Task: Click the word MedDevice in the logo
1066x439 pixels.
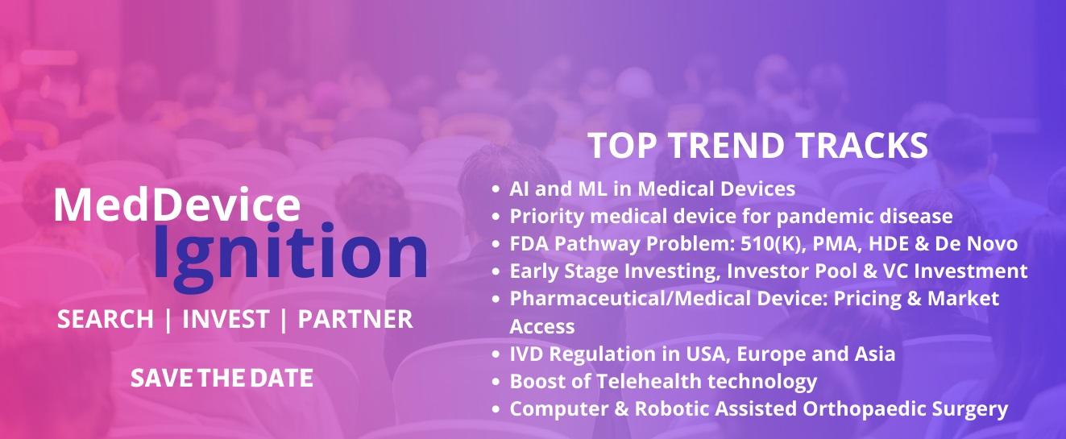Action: tap(177, 205)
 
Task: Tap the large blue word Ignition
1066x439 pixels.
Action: tap(290, 257)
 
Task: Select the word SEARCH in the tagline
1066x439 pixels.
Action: tap(106, 319)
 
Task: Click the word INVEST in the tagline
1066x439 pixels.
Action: tap(226, 319)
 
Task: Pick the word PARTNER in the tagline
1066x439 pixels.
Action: tap(355, 319)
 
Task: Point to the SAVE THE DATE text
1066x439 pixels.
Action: tap(222, 378)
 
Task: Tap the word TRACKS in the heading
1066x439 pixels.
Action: tap(862, 145)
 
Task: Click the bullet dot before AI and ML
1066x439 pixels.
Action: tap(496, 189)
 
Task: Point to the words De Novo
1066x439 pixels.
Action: tap(976, 243)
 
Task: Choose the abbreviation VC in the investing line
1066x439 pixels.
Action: tap(895, 271)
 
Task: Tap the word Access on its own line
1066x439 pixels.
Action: tap(542, 327)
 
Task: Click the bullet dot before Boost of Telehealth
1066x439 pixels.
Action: tap(496, 382)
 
